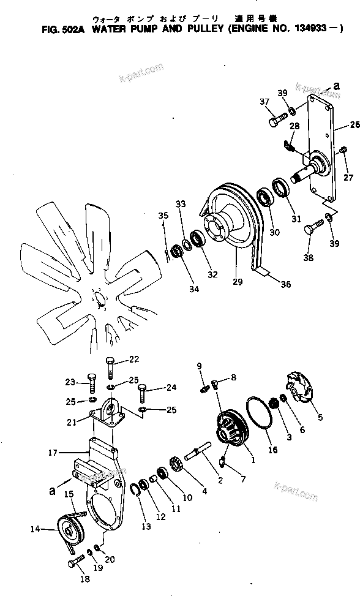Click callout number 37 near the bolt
click(264, 102)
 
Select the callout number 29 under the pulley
click(238, 283)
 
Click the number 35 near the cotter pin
click(163, 216)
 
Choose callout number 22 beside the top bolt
click(133, 359)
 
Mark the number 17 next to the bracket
click(52, 453)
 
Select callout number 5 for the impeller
click(320, 419)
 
